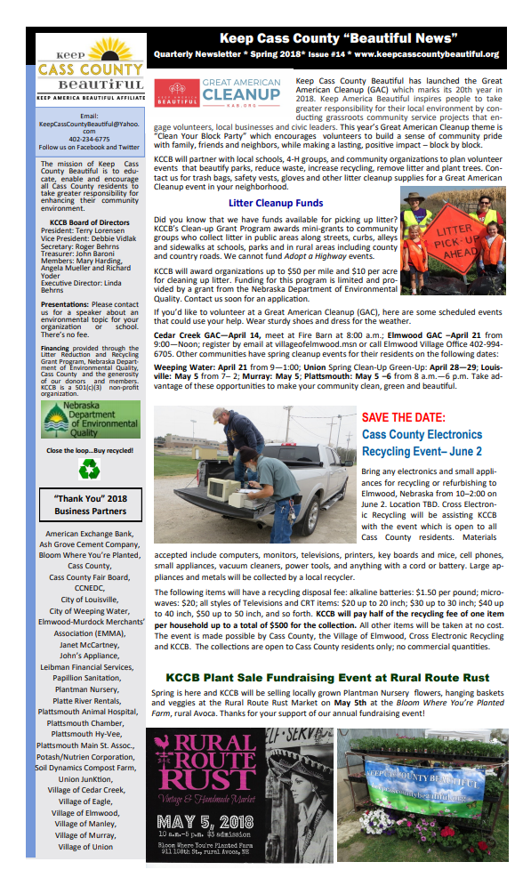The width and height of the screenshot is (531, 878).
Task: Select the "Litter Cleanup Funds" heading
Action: tap(275, 203)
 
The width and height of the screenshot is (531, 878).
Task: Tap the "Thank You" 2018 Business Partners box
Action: tap(91, 504)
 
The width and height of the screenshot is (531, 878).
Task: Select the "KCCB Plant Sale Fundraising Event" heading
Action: tap(326, 677)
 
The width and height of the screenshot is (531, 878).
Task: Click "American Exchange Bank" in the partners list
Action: tap(90, 534)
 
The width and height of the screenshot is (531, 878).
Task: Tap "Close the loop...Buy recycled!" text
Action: tap(89, 450)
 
